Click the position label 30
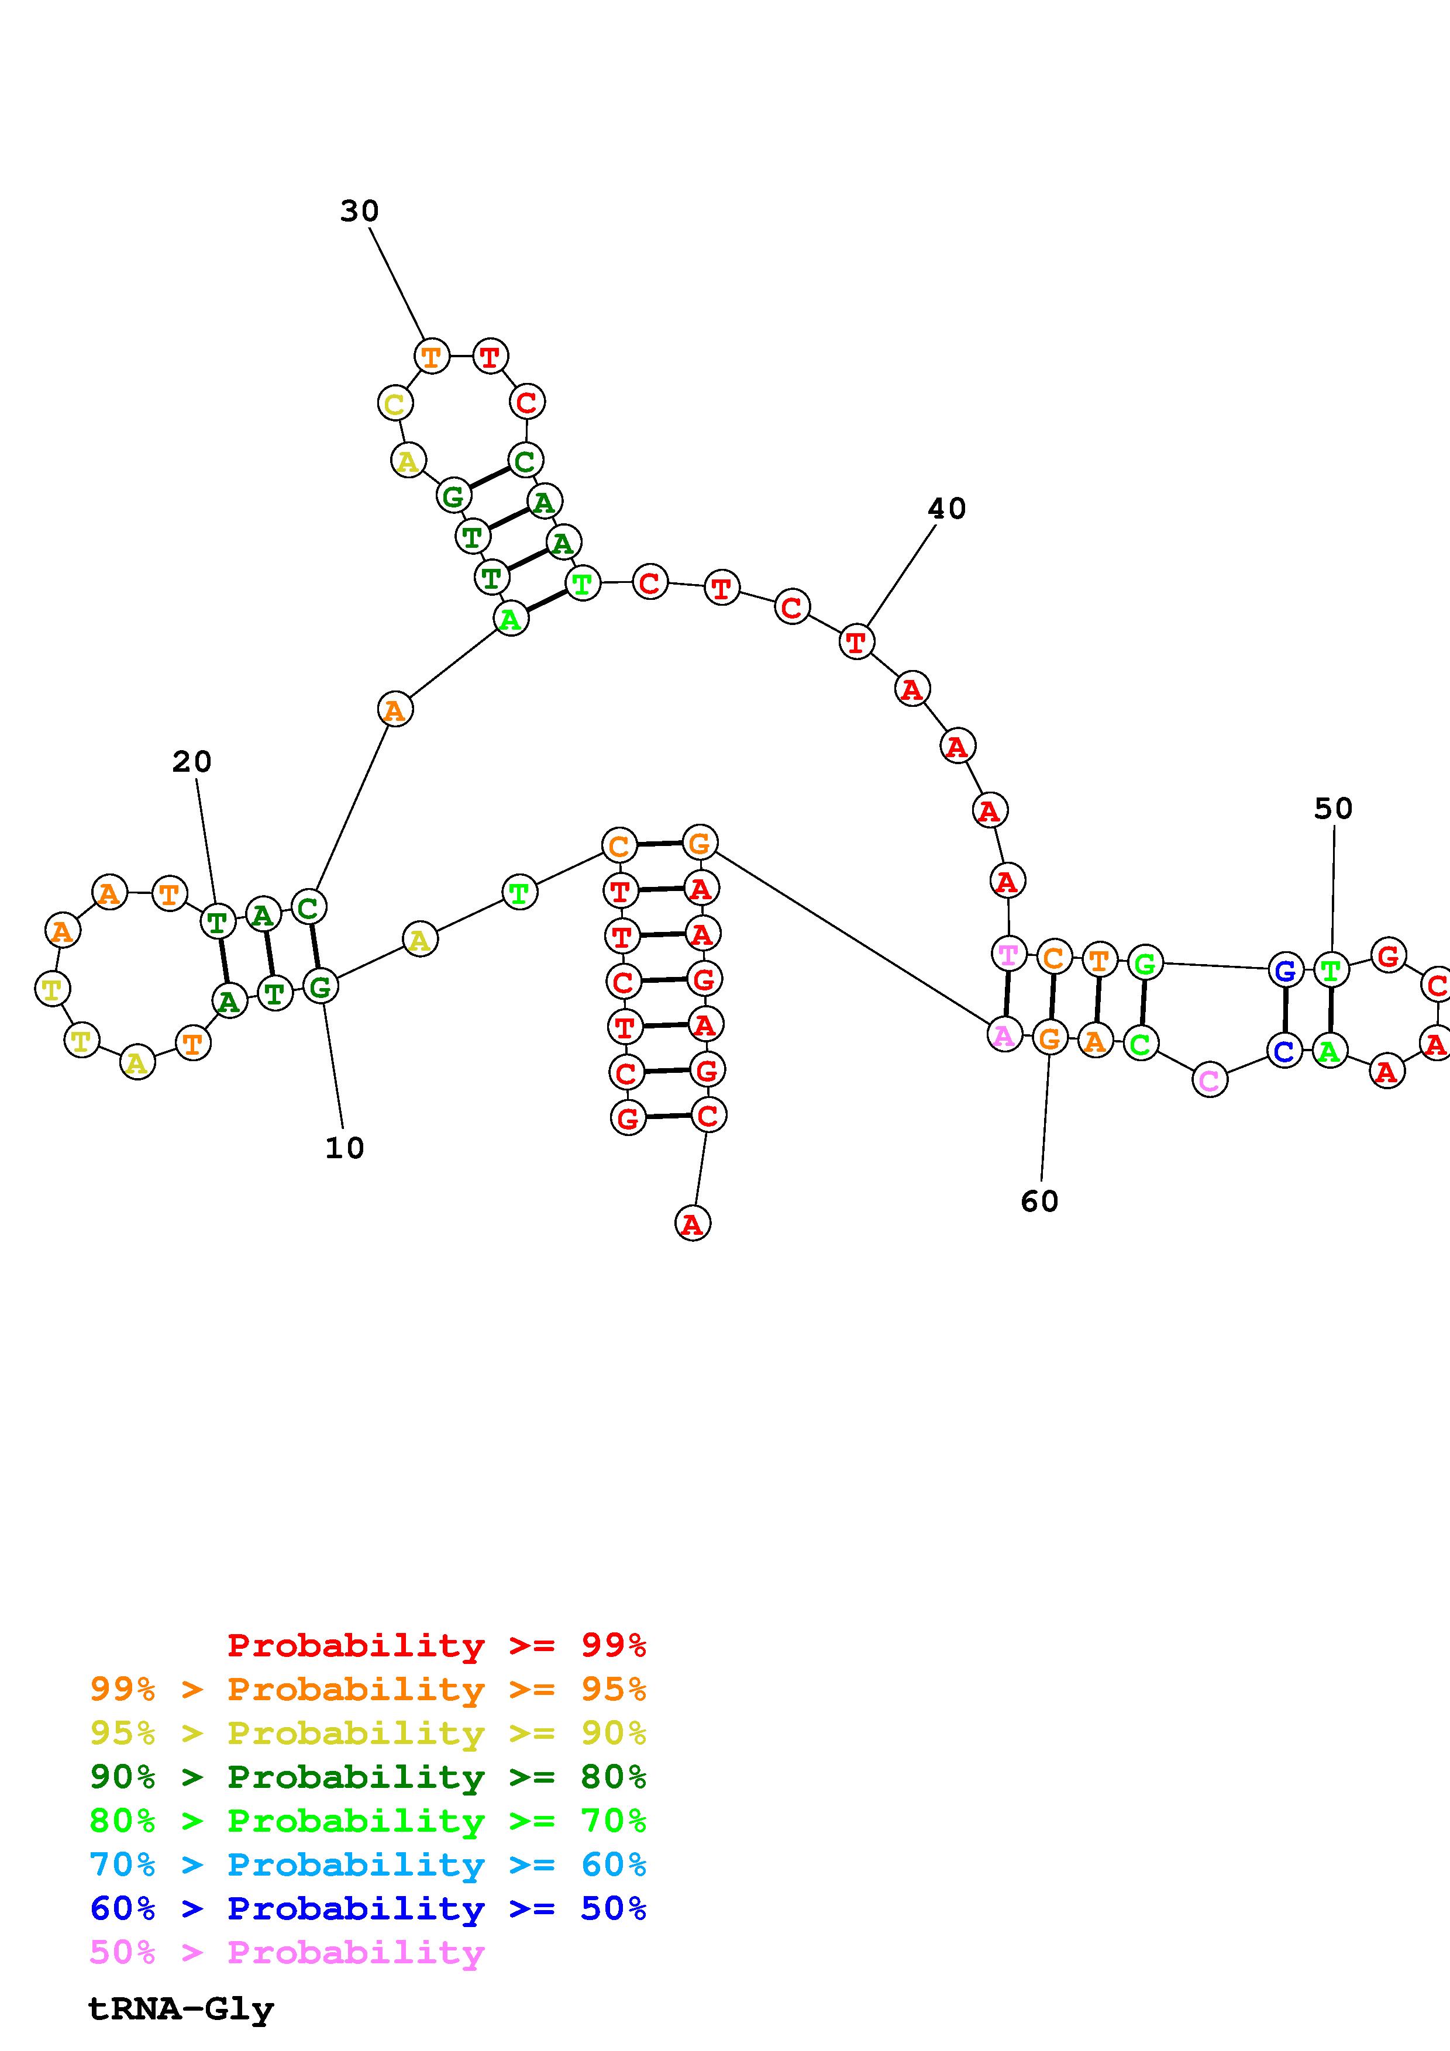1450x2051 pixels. click(x=359, y=212)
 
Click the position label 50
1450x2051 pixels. click(x=1333, y=809)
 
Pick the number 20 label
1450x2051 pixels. click(x=192, y=762)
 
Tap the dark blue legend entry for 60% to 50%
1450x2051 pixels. click(x=368, y=1909)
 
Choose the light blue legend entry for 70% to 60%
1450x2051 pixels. click(x=368, y=1865)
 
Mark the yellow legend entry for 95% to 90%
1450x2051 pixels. click(x=368, y=1733)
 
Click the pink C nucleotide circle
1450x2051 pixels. click(x=1209, y=1080)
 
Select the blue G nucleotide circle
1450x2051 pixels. click(x=1284, y=970)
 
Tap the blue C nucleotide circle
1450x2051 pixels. click(x=1284, y=1051)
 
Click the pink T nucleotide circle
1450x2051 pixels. click(x=1008, y=954)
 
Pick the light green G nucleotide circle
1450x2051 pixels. click(x=1145, y=963)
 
